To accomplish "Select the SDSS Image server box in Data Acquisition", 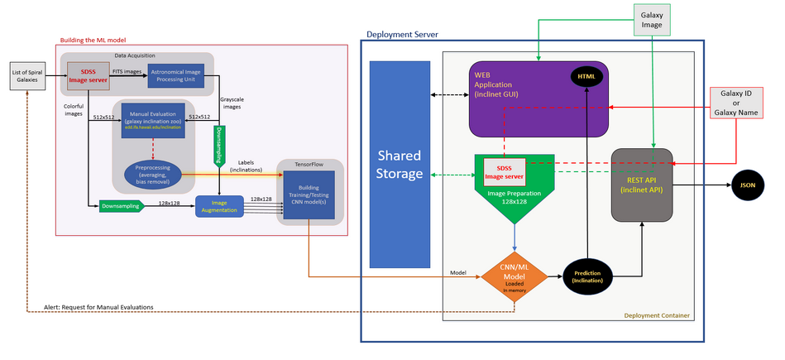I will [x=87, y=74].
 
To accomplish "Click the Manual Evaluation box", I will [x=153, y=119].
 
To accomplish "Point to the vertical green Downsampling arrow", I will [x=219, y=141].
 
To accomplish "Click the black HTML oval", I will [x=587, y=77].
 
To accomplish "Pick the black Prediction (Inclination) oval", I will [x=588, y=276].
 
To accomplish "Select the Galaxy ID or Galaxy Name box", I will [x=741, y=106].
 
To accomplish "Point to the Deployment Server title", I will [x=402, y=34].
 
